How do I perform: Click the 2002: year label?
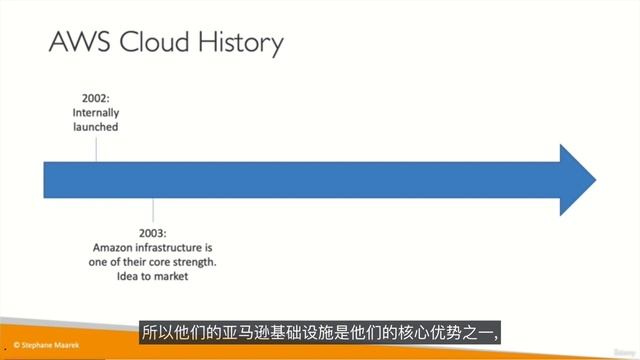click(x=97, y=99)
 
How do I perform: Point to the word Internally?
click(x=97, y=113)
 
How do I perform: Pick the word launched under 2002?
click(x=97, y=127)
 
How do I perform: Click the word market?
click(x=175, y=276)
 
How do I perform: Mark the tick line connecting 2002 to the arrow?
click(x=97, y=148)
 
